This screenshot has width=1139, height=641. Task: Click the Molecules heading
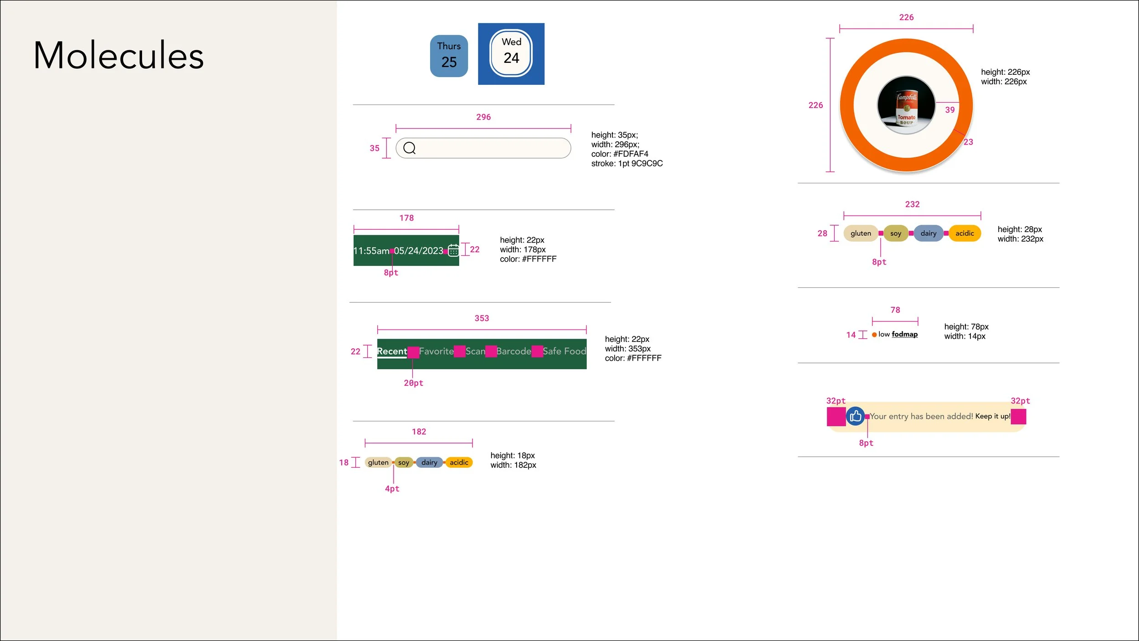(118, 56)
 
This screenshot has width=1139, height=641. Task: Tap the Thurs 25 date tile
(449, 56)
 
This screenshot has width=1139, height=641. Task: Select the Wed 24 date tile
(511, 53)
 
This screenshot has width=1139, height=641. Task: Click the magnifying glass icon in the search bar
(409, 148)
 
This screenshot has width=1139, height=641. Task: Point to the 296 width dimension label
(483, 117)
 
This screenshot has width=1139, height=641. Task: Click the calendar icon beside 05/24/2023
(453, 250)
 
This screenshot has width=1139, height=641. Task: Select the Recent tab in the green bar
(392, 351)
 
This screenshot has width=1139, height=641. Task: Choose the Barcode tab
(513, 351)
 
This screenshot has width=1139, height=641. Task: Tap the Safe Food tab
(564, 351)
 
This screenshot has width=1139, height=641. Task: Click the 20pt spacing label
(413, 383)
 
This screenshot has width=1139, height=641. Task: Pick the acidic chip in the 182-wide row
(459, 462)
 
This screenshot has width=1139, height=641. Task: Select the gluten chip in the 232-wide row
(860, 233)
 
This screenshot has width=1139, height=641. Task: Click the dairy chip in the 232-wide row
(928, 233)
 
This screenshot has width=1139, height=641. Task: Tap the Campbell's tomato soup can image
(906, 105)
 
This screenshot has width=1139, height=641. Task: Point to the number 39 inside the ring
(949, 110)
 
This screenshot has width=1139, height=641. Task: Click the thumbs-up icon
(855, 416)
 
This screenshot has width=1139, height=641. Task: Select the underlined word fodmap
(904, 334)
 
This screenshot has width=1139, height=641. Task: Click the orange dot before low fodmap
(874, 335)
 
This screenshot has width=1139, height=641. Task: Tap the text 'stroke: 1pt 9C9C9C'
(626, 164)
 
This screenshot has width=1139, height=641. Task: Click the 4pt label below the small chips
(392, 489)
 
